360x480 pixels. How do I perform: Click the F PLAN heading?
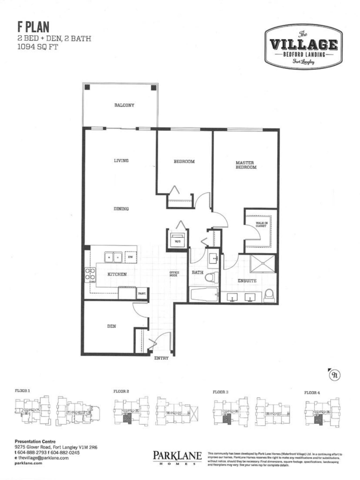(x=33, y=27)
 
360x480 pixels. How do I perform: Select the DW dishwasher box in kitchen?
(x=130, y=257)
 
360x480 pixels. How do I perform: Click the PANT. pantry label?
(x=142, y=293)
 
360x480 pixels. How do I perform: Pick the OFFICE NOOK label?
(x=174, y=274)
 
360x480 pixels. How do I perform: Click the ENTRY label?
(x=161, y=358)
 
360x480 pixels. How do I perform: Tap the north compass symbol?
(x=334, y=375)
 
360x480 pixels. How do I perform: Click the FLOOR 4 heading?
(x=313, y=393)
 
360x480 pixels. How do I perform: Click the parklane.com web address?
(x=28, y=463)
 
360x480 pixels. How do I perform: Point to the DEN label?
(x=112, y=326)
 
